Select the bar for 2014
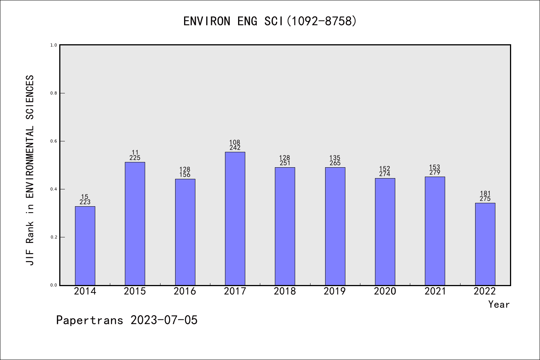(85, 246)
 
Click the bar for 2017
(235, 218)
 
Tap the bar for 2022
(485, 244)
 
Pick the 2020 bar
(385, 231)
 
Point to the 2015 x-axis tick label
(135, 291)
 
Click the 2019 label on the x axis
(335, 291)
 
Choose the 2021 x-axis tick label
(435, 291)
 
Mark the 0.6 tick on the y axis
(54, 141)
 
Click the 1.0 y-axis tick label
(54, 45)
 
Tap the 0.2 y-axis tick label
(54, 237)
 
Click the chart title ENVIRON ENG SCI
(270, 21)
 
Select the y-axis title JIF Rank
(30, 170)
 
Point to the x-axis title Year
(499, 304)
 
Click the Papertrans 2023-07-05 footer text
(127, 320)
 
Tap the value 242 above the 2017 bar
(235, 148)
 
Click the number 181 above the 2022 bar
(485, 193)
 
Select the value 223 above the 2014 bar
(85, 202)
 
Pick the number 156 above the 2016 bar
(185, 175)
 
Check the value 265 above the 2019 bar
(335, 163)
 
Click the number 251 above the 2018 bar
(285, 163)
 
